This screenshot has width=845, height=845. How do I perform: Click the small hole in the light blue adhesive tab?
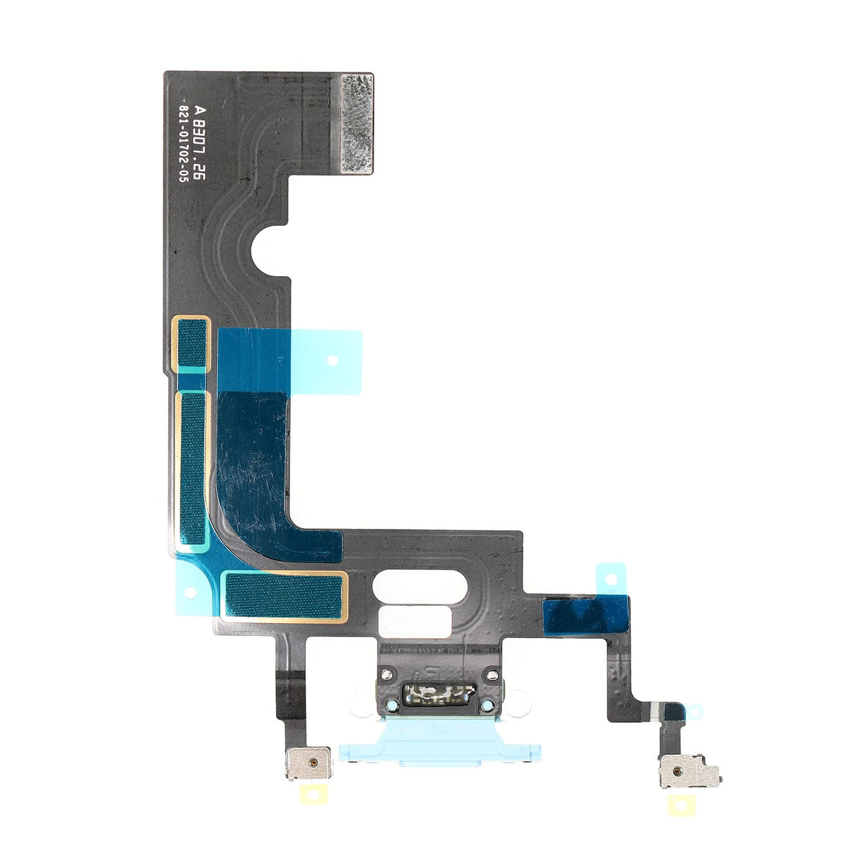332,359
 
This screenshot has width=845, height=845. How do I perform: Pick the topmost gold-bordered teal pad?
191,344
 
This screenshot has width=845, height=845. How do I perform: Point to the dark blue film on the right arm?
585,613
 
